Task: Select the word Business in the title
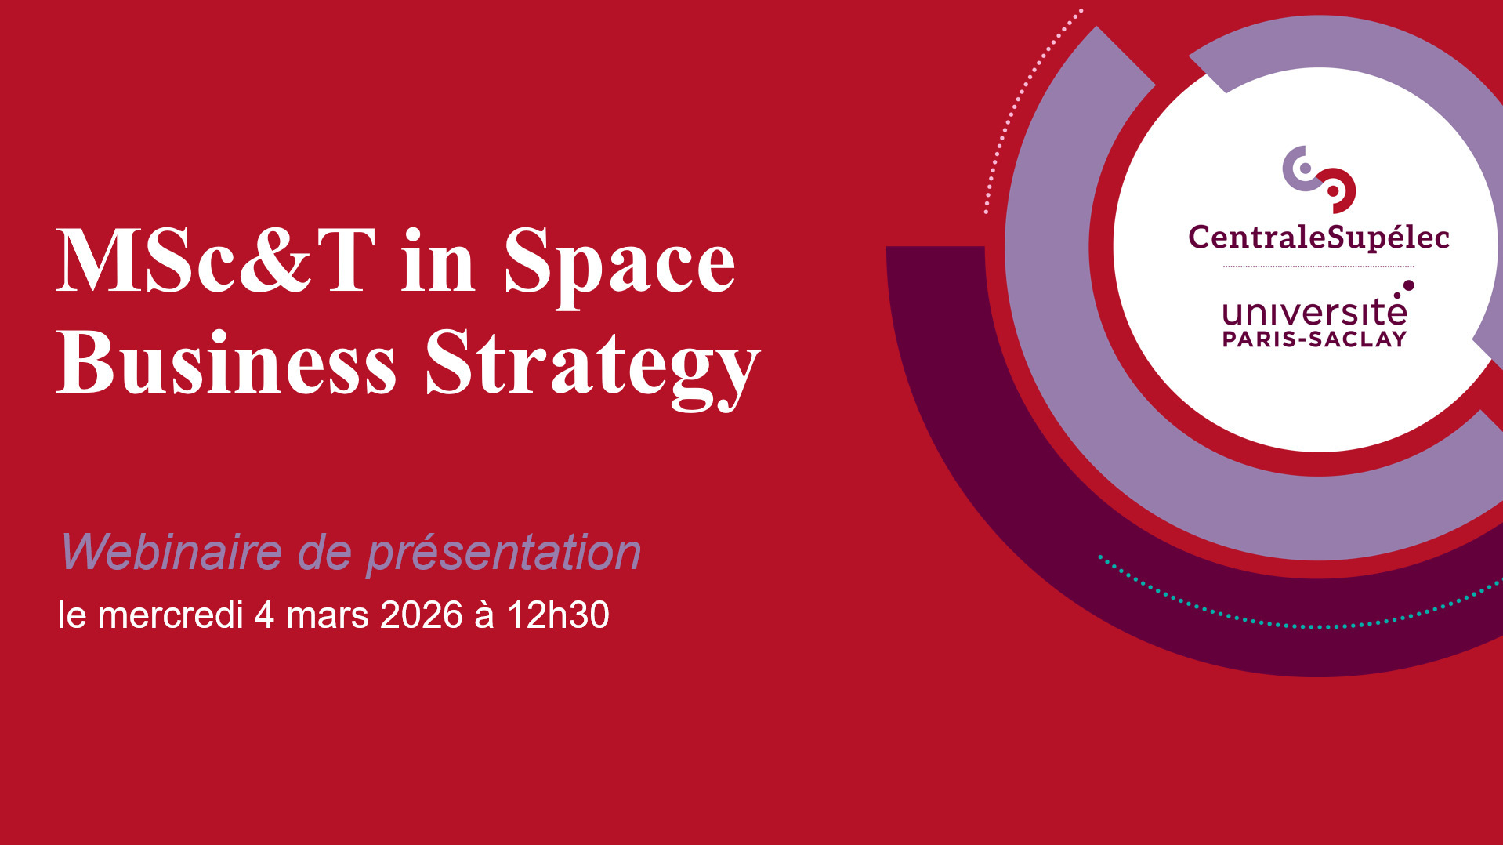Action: coord(226,361)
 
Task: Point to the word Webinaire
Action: coord(172,552)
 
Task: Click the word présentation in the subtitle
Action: coord(504,553)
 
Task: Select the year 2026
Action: coord(422,615)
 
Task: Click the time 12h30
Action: coord(558,615)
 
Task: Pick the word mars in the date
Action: coord(328,616)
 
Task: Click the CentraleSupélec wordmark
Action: coord(1319,238)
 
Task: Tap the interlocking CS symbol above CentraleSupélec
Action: coord(1319,179)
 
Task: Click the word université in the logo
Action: coord(1315,313)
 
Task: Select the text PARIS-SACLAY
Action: coord(1315,339)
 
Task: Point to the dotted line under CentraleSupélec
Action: coord(1319,267)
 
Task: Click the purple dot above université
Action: coord(1408,285)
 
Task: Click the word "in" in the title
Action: coord(438,260)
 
